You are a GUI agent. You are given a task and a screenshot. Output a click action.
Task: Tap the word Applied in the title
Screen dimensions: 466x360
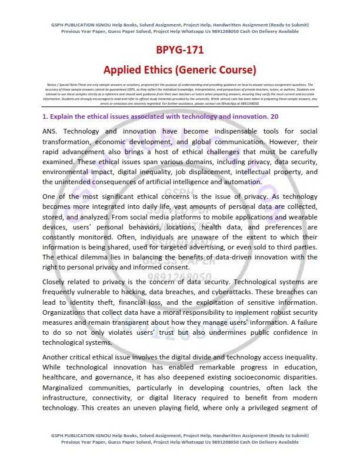(123, 70)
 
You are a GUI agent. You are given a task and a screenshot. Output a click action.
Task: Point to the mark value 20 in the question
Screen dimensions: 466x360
(274, 116)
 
